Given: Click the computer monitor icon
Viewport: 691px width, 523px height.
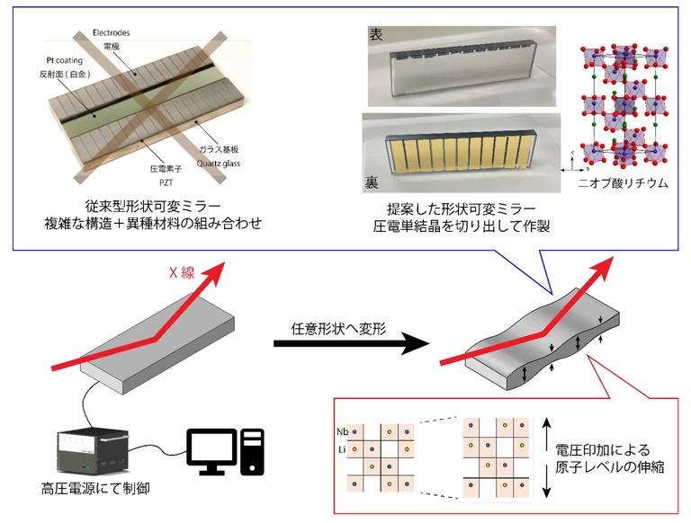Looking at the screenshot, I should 215,449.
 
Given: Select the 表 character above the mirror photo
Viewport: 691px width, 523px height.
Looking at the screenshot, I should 375,35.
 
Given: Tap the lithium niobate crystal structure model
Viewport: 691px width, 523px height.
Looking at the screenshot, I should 625,103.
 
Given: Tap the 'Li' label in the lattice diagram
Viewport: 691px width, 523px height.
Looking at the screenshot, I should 341,447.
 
